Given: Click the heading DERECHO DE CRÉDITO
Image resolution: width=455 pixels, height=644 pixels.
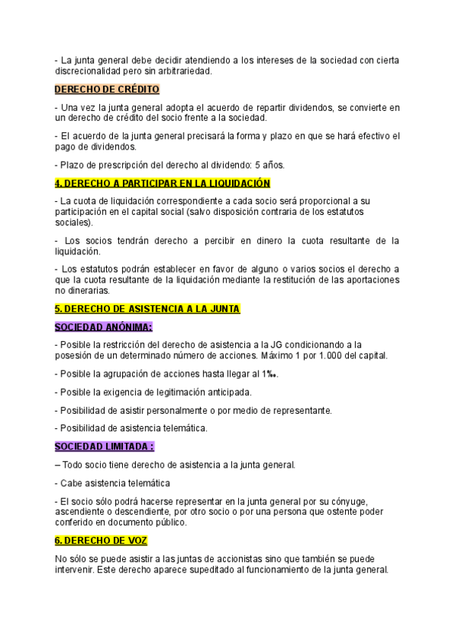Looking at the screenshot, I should pyautogui.click(x=107, y=90).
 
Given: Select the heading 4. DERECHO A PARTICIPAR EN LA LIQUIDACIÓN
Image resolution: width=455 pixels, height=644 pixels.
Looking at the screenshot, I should pyautogui.click(x=162, y=183).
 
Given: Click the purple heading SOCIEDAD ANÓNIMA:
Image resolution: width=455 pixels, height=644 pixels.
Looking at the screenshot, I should pyautogui.click(x=103, y=327).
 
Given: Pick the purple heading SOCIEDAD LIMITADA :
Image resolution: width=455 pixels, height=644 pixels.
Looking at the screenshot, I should pyautogui.click(x=104, y=446).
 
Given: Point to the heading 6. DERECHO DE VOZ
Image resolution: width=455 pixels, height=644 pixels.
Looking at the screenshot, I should pyautogui.click(x=101, y=540).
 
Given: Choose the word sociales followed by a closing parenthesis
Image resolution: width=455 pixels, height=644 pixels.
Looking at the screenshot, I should pyautogui.click(x=73, y=223).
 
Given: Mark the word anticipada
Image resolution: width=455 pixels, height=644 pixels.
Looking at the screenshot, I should pyautogui.click(x=223, y=392).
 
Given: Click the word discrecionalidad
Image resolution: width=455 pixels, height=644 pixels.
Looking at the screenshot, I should pyautogui.click(x=89, y=71).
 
